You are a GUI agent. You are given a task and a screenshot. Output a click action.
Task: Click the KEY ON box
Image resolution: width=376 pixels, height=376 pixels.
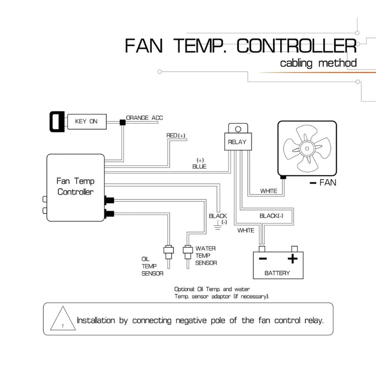click(87, 122)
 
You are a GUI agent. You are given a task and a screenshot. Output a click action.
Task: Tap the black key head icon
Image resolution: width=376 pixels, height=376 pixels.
click(57, 122)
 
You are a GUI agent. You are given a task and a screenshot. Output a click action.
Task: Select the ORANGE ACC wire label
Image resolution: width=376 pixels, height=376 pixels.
click(144, 118)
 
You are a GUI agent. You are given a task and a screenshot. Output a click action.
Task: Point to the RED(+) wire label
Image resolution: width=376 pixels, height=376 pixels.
click(176, 135)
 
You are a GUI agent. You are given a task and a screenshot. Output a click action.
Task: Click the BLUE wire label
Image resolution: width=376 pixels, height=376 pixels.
click(199, 166)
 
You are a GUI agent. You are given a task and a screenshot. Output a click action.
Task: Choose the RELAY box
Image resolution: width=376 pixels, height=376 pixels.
click(238, 142)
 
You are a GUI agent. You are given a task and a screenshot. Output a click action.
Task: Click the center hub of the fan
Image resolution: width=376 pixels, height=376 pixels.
click(307, 149)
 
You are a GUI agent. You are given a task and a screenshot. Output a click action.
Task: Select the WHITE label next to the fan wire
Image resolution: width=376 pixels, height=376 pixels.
click(268, 191)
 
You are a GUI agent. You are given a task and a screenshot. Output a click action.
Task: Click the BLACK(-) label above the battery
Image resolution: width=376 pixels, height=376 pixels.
click(272, 216)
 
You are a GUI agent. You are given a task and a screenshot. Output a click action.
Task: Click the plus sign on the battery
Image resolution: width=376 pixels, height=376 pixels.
click(292, 258)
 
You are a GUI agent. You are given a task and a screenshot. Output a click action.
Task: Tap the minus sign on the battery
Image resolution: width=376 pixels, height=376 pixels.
click(263, 258)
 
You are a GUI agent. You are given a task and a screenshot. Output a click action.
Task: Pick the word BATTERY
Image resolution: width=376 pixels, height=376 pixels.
click(277, 273)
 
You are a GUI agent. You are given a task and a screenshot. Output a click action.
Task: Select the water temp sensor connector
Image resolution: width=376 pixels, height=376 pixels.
click(188, 252)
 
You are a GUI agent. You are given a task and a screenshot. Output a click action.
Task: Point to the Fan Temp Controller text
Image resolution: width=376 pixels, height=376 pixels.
click(75, 186)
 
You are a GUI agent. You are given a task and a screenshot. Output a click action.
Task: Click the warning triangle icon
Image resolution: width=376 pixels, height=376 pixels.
click(63, 319)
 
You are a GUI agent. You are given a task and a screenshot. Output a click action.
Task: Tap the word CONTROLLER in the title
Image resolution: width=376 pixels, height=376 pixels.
click(297, 46)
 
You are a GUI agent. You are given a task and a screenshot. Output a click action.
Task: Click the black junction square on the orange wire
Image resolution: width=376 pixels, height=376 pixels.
click(123, 123)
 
